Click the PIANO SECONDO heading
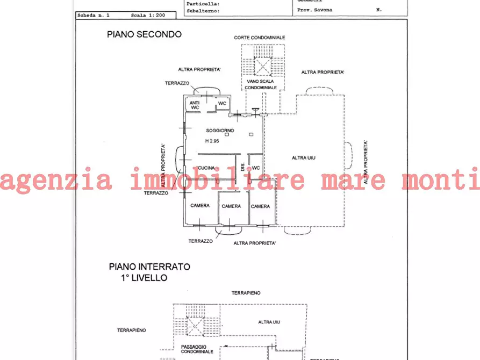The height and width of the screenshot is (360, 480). coord(144,34)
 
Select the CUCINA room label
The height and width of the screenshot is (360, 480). coord(206,168)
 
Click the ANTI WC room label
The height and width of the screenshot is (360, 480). coord(195,106)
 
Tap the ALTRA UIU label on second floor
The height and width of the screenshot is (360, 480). coord(303,157)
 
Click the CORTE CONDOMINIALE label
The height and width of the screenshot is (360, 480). coord(259,38)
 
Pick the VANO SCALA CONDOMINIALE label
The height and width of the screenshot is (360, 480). coord(261,84)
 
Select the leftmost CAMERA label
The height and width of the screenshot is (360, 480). coord(200,206)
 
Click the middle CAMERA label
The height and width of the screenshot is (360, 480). coord(231,206)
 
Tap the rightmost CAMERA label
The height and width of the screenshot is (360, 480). coord(260,206)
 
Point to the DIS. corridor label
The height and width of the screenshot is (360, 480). coord(242,168)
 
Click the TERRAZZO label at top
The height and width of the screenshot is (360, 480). coord(177,83)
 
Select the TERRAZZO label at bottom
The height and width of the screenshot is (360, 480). coord(200,241)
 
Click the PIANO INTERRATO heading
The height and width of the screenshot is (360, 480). coord(149,267)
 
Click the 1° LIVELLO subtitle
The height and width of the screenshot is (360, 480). coord(144,278)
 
